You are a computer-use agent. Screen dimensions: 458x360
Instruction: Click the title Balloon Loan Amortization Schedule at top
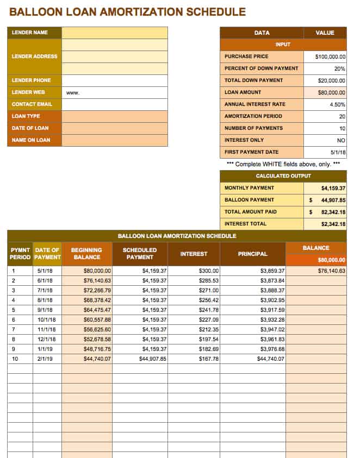pyautogui.click(x=127, y=11)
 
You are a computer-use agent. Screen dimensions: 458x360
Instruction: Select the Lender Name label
pyautogui.click(x=30, y=33)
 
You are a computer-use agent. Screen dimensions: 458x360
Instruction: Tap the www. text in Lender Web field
pyautogui.click(x=73, y=93)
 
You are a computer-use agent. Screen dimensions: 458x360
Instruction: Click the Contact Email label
pyautogui.click(x=32, y=104)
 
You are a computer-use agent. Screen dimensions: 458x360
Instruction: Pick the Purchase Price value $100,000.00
pyautogui.click(x=330, y=57)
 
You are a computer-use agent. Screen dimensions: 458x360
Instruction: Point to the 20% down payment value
pyautogui.click(x=340, y=68)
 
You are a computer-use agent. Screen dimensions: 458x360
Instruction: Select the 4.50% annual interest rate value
pyautogui.click(x=337, y=104)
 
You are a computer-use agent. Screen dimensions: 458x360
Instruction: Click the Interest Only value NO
pyautogui.click(x=341, y=140)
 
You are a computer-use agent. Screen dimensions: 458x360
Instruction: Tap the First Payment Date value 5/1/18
pyautogui.click(x=337, y=152)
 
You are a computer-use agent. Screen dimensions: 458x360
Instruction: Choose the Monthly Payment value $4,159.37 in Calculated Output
pyautogui.click(x=333, y=188)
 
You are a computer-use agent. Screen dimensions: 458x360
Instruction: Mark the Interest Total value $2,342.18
pyautogui.click(x=333, y=224)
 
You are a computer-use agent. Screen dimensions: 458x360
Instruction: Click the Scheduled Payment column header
pyautogui.click(x=140, y=253)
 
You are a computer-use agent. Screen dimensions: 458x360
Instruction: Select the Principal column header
pyautogui.click(x=252, y=254)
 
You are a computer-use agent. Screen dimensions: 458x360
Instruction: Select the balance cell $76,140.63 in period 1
pyautogui.click(x=331, y=270)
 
